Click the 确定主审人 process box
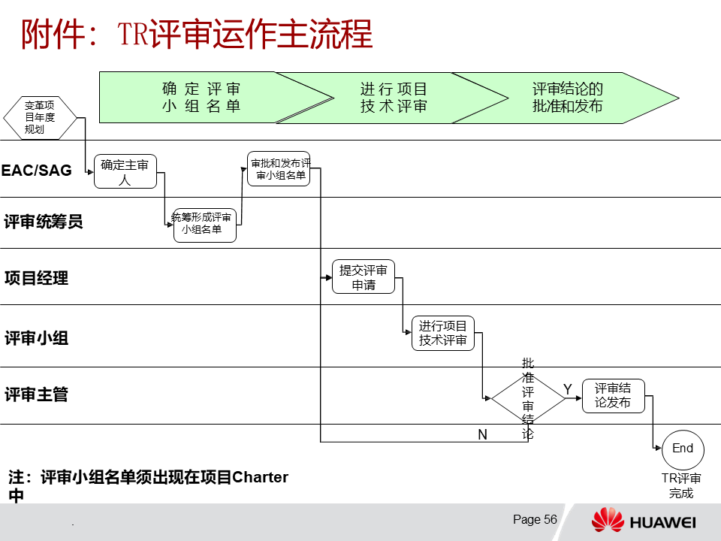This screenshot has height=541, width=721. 125,172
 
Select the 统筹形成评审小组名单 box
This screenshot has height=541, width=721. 204,225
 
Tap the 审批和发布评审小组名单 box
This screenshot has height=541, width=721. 279,169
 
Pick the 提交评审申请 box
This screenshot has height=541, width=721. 364,277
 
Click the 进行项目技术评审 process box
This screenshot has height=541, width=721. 443,333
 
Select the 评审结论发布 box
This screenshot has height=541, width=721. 613,396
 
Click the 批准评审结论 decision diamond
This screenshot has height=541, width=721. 528,398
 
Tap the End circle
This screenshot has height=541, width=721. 683,449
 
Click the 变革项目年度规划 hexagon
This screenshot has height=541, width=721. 40,118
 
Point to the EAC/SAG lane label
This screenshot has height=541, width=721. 37,171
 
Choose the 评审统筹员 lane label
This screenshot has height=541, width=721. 44,222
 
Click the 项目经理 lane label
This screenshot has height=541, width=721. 37,278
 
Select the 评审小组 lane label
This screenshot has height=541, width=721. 37,338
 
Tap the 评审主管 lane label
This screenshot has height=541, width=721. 37,394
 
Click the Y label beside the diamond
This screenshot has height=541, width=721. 568,388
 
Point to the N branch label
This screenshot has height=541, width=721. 482,435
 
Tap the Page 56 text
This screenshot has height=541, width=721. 535,520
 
